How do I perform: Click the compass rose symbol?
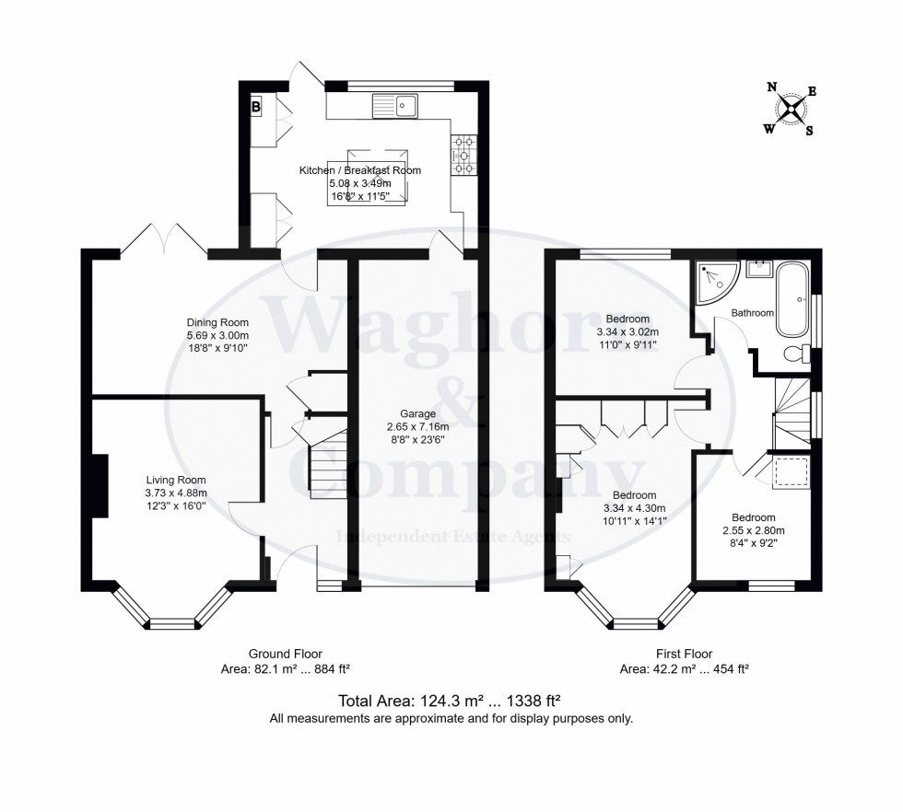click(790, 110)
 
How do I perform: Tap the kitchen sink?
click(395, 107)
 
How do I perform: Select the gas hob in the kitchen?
click(463, 155)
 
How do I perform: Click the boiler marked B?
click(255, 107)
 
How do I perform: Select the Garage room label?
click(417, 413)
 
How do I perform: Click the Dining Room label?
click(218, 322)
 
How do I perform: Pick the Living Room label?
click(176, 480)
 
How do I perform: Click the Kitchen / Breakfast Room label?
click(359, 170)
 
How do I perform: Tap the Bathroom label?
click(752, 313)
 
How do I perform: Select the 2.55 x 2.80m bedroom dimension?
click(753, 530)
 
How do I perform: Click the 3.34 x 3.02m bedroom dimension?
click(628, 331)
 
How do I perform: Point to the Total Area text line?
click(451, 699)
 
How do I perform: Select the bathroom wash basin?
click(760, 270)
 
